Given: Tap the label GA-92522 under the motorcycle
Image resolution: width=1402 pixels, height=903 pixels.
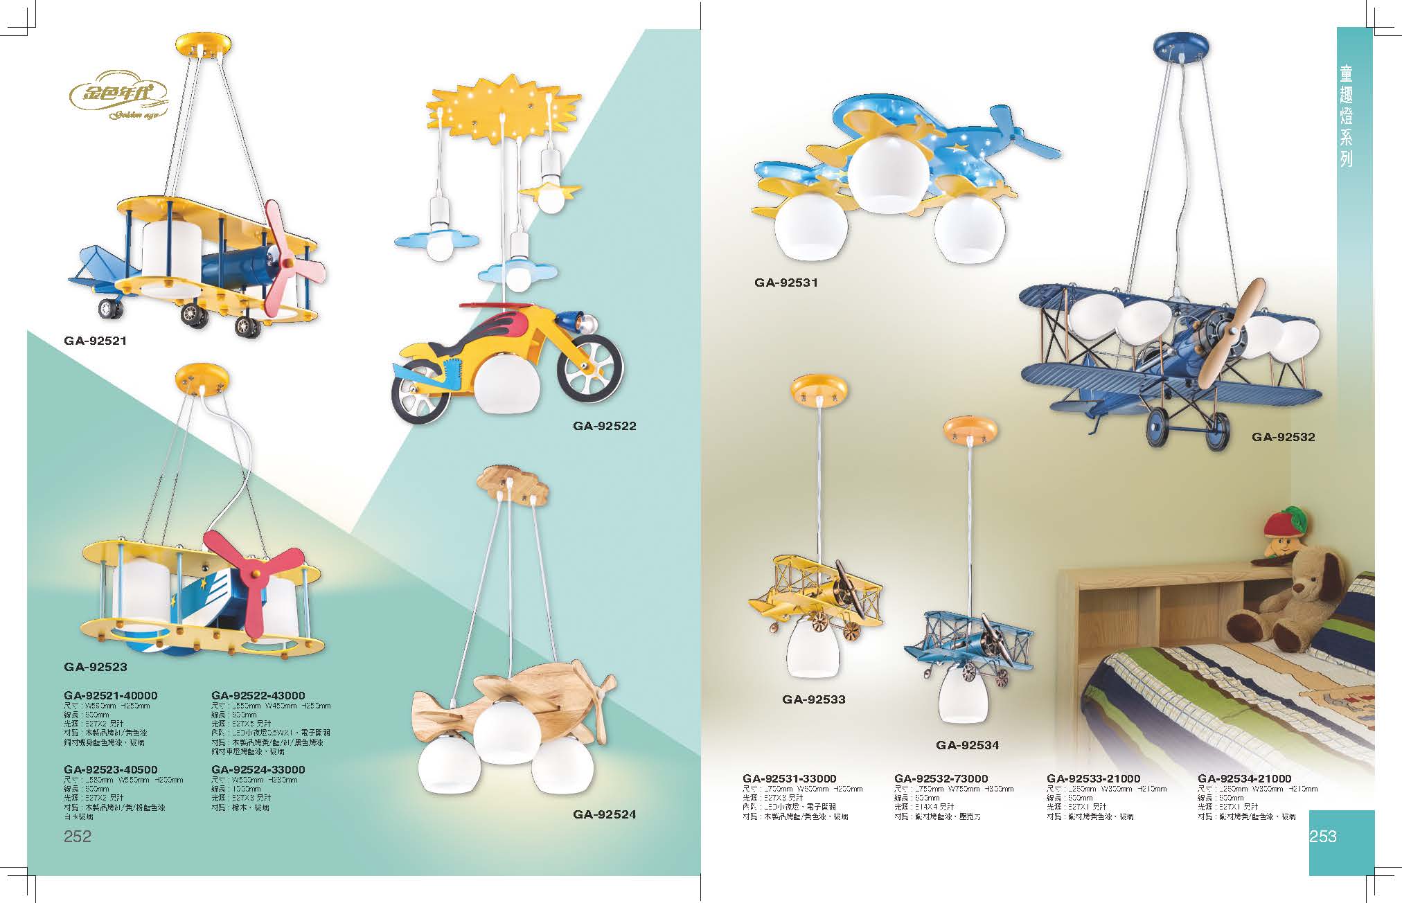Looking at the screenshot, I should click(x=604, y=426).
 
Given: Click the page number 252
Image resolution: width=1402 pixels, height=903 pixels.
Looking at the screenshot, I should click(x=77, y=837).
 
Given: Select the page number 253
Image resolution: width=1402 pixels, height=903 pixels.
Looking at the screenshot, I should click(x=1323, y=837).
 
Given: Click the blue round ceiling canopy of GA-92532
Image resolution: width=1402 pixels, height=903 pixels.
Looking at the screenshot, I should click(x=1183, y=46).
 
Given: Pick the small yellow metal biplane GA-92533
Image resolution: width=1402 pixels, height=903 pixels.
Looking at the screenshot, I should click(x=816, y=595).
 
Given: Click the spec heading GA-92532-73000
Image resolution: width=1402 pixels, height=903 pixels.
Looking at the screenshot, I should click(x=941, y=778).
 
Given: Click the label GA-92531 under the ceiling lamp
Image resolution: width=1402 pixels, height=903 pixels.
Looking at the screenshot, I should click(x=786, y=283).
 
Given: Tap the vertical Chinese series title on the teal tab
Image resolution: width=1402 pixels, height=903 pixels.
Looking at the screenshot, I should click(x=1346, y=116).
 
